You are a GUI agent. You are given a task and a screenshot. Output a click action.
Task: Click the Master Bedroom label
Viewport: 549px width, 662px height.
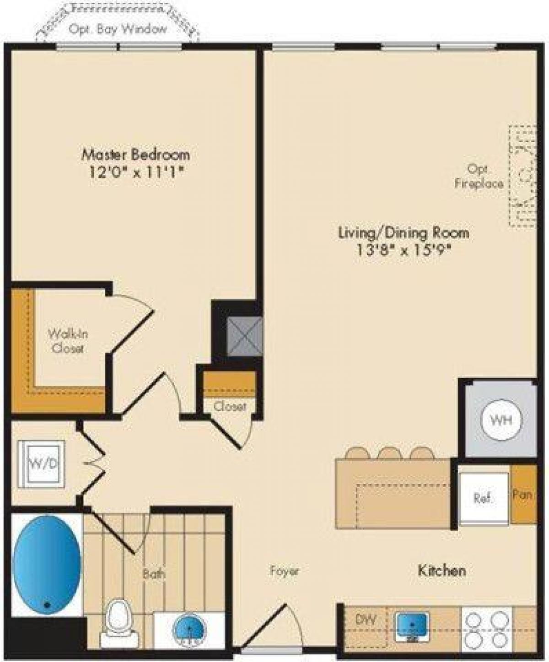[135, 154]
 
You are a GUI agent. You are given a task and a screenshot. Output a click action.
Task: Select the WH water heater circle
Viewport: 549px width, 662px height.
[501, 420]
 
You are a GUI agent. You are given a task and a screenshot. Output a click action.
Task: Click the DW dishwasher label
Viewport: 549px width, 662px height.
[366, 619]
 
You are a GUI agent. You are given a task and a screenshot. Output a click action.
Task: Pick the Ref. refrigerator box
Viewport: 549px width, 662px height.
[484, 498]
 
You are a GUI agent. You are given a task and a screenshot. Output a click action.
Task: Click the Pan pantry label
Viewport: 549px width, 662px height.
[523, 494]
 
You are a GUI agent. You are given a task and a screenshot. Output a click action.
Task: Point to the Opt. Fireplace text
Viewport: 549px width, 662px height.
[479, 177]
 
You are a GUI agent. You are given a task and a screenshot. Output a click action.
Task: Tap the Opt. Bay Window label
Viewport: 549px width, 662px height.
[118, 29]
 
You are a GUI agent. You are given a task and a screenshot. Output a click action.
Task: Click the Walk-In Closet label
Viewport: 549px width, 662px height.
[68, 341]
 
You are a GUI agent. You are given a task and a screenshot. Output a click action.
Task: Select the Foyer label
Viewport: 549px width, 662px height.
[284, 571]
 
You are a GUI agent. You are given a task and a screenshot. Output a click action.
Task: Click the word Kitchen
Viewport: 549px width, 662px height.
[442, 571]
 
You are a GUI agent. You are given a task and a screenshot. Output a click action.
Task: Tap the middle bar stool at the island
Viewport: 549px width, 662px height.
[390, 453]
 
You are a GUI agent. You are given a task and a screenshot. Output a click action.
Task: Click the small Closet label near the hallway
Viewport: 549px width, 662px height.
[230, 406]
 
